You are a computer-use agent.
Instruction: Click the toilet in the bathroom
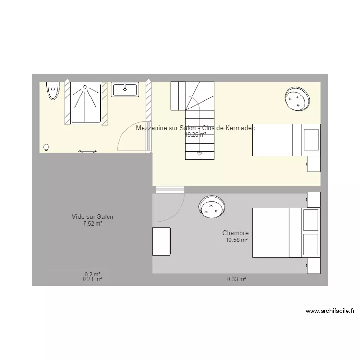pos(52,91)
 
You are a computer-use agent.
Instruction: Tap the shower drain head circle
pos(86,87)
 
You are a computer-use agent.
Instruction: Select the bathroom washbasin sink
pos(125,89)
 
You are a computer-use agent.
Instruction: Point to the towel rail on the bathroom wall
pos(87,152)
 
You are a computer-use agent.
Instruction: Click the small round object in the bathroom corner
pos(46,147)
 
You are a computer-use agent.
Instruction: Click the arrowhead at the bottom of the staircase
pos(199,154)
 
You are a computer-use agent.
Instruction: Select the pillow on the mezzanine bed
pos(311,140)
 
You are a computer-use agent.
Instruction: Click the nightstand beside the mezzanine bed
pos(314,163)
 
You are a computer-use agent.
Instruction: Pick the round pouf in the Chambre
pos(212,207)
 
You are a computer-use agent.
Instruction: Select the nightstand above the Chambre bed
pos(314,199)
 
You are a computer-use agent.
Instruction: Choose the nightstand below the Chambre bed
pos(314,265)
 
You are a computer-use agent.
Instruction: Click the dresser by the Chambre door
pos(162,241)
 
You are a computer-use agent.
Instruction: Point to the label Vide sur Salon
pos(92,217)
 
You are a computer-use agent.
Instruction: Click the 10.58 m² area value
pos(236,240)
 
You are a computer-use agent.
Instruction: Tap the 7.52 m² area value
pos(92,224)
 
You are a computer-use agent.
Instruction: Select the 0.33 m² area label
pos(236,279)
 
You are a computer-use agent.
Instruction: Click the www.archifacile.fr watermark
pos(330,311)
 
